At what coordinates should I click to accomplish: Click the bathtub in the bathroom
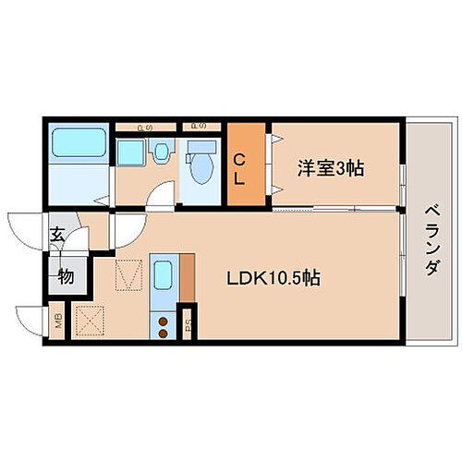click(x=78, y=142)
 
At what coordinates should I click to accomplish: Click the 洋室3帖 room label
click(x=331, y=169)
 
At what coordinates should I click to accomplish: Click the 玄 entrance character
click(x=57, y=236)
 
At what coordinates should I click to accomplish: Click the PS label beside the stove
click(x=188, y=323)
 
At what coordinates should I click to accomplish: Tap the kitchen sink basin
click(x=164, y=276)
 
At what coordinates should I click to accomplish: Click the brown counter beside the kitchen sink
click(x=188, y=276)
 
